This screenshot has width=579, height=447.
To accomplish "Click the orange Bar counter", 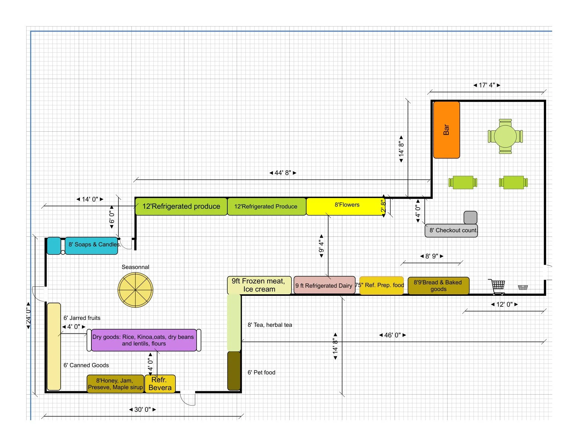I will click(x=446, y=130).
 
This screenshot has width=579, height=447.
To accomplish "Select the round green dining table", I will click(x=505, y=136).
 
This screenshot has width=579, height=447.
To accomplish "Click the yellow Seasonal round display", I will click(x=135, y=290).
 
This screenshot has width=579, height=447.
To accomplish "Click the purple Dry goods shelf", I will click(x=144, y=340).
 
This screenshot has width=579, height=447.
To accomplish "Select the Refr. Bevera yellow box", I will click(x=160, y=384).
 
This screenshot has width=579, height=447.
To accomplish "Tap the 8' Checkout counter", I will click(x=451, y=230).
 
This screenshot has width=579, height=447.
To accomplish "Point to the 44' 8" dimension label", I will click(x=283, y=173).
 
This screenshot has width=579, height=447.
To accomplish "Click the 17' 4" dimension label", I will click(x=487, y=85).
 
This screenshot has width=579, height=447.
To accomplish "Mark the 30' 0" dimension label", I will click(x=142, y=410).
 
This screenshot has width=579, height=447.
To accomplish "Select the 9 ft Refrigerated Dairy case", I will click(x=324, y=285).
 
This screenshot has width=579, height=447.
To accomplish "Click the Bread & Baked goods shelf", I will click(x=438, y=286).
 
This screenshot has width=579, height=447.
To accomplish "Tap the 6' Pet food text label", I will click(x=261, y=373).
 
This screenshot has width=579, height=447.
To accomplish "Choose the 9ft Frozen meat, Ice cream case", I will click(x=259, y=285).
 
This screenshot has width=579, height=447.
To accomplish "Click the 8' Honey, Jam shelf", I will click(x=115, y=384).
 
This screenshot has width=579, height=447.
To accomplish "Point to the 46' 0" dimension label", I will click(x=392, y=335).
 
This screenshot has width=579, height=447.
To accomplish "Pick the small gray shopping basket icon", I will click(x=523, y=287).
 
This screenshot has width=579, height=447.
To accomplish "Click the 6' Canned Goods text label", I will click(x=86, y=365).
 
